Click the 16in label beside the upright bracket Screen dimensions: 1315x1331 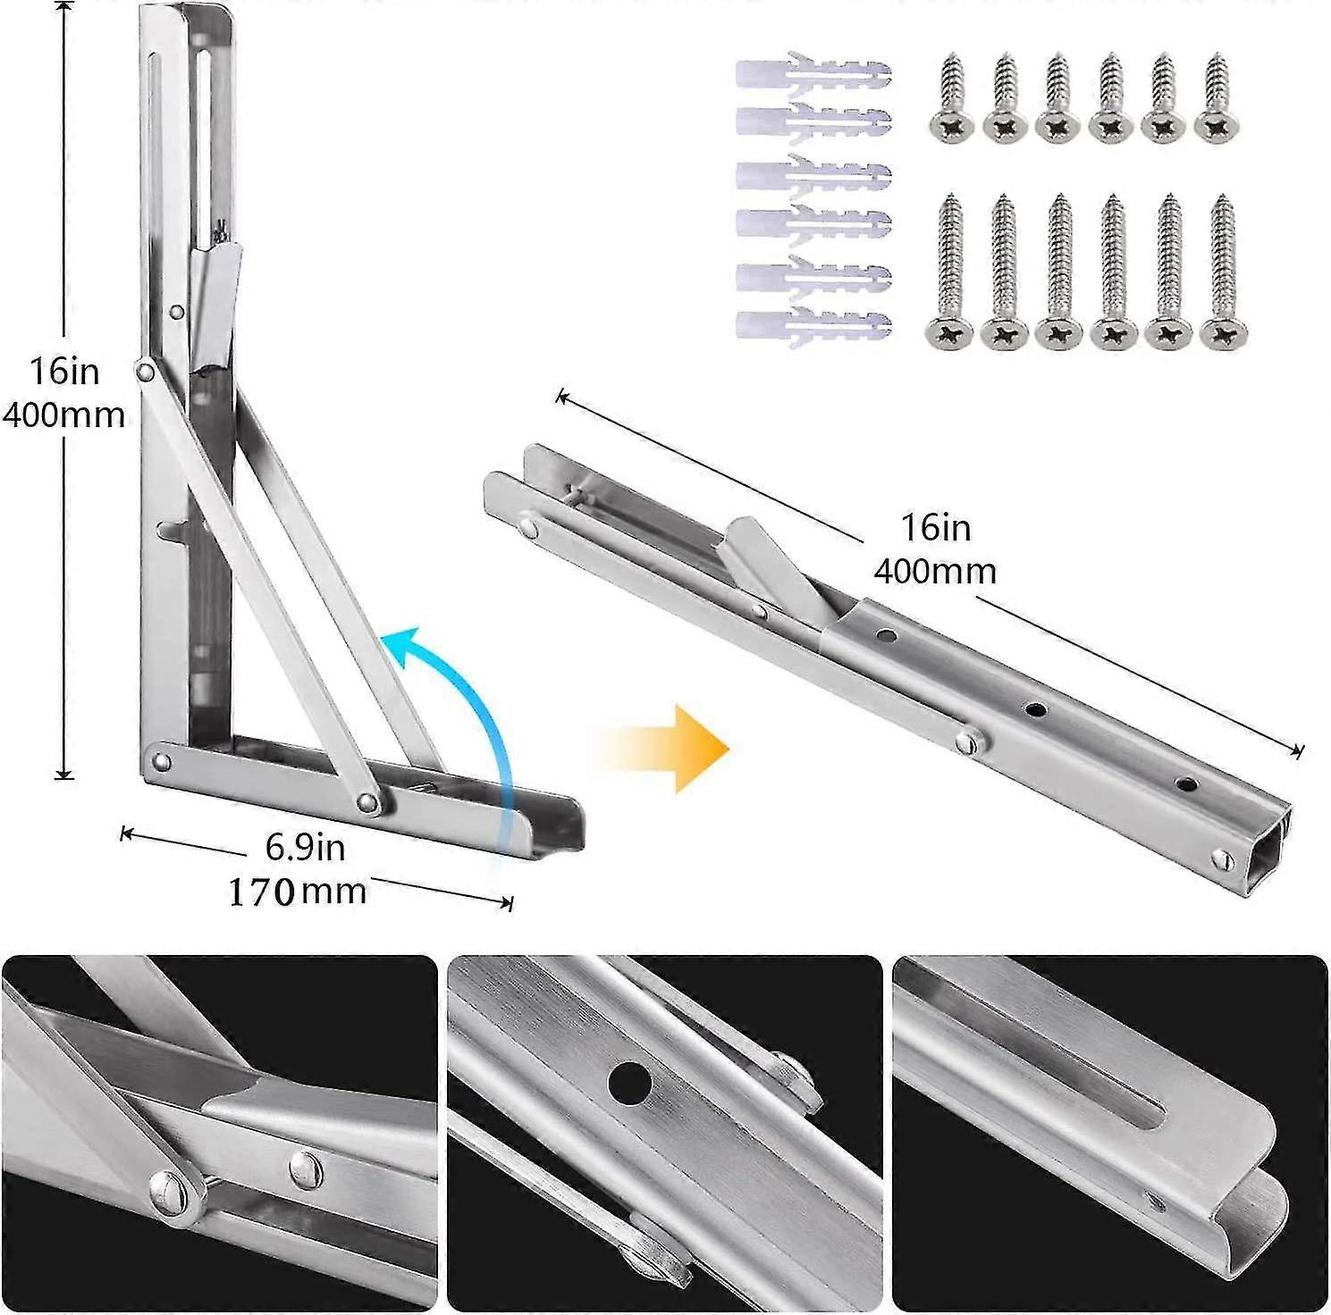pyautogui.click(x=63, y=371)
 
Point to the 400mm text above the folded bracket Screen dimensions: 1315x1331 pyautogui.click(x=935, y=571)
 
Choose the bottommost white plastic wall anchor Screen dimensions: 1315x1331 pyautogui.click(x=813, y=325)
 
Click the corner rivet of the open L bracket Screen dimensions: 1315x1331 pyautogui.click(x=162, y=762)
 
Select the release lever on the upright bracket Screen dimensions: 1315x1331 pyautogui.click(x=215, y=308)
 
